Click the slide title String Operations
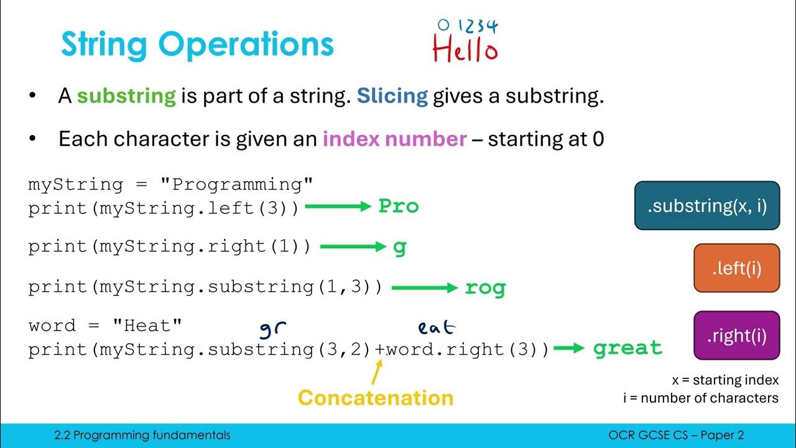[197, 44]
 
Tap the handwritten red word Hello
[465, 50]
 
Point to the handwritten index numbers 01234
[467, 26]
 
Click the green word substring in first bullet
[126, 96]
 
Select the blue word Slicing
[392, 96]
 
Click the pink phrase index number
[394, 139]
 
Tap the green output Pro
[399, 207]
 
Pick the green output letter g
[399, 247]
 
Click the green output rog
[485, 287]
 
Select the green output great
[627, 348]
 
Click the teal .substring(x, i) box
[707, 206]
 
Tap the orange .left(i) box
[736, 268]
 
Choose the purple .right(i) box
[736, 335]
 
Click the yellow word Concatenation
[376, 398]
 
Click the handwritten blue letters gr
[272, 328]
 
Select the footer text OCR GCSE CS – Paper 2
[676, 436]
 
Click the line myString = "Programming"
[170, 185]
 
